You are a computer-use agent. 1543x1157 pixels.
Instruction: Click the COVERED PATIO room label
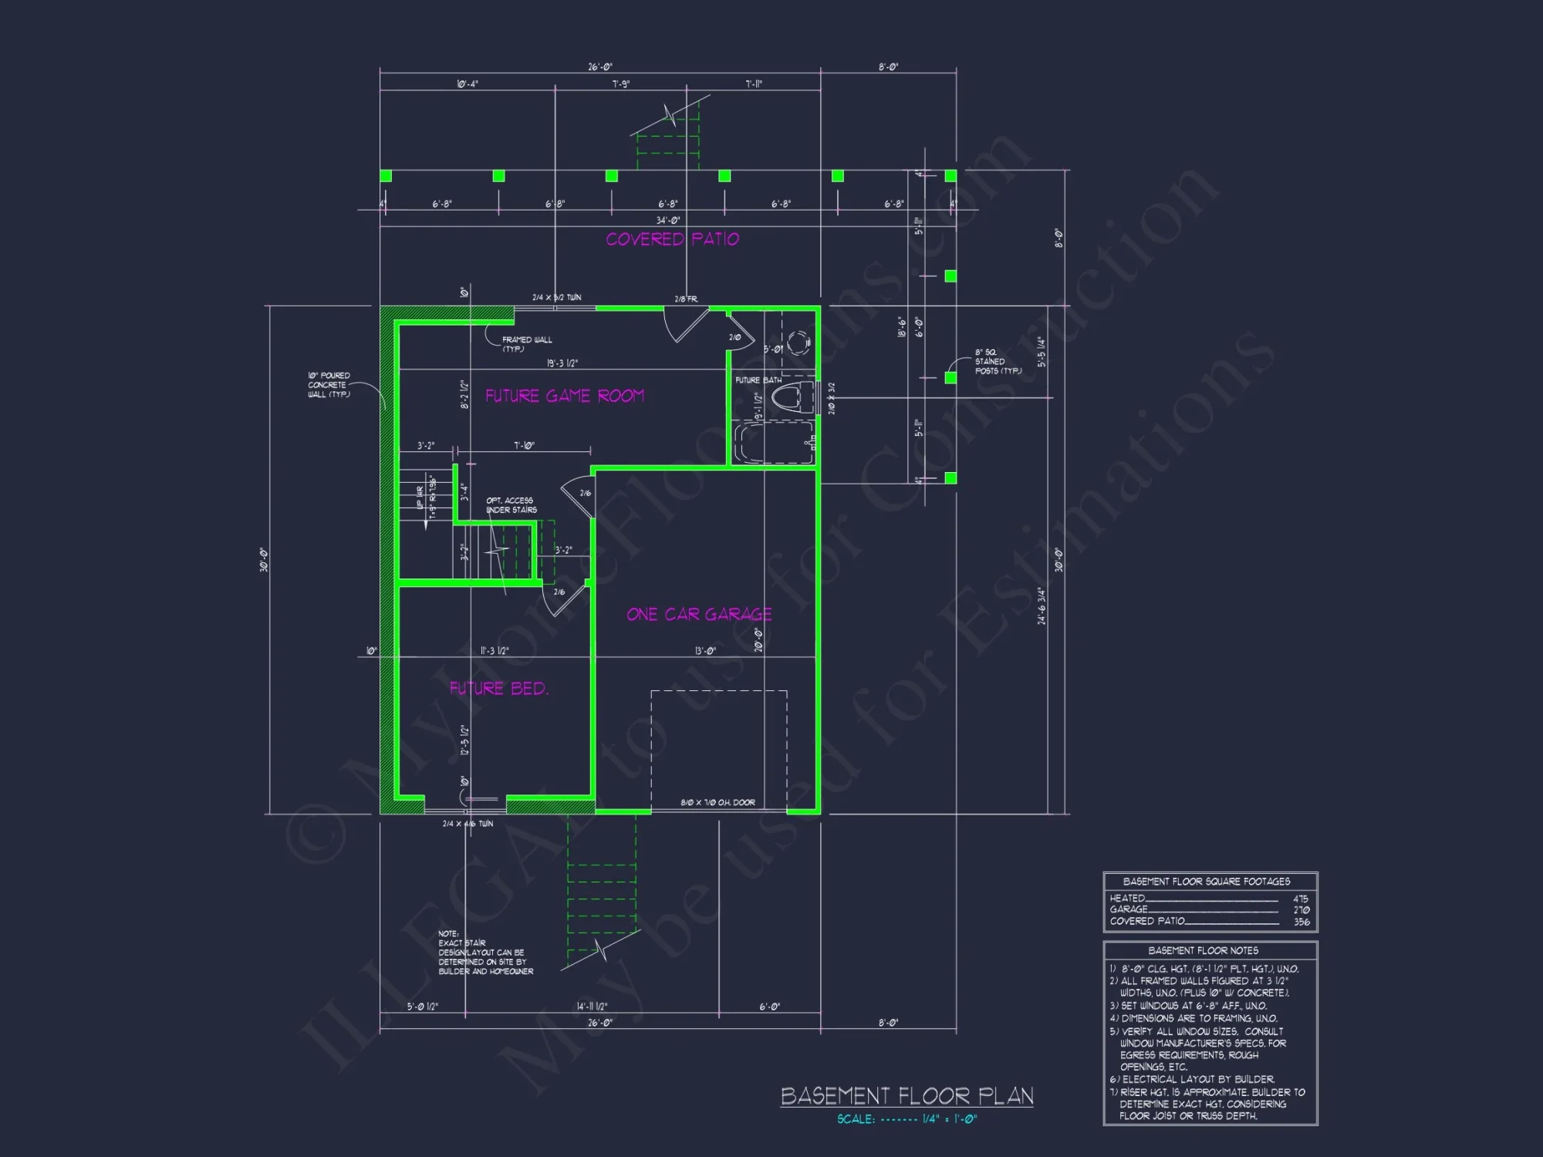pos(672,239)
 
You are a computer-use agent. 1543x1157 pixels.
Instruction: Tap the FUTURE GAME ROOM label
pos(564,396)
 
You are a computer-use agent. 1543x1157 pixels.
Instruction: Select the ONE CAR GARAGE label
pos(699,614)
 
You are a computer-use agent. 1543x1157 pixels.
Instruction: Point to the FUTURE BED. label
pos(499,688)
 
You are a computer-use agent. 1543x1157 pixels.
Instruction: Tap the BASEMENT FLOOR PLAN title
pos(907,1096)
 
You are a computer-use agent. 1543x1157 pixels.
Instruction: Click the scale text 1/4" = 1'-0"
pos(949,1119)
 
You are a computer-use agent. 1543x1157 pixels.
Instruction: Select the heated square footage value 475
pos(1301,899)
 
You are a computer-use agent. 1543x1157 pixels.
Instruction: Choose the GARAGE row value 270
pos(1301,910)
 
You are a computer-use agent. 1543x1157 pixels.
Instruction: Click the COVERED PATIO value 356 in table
pos(1301,922)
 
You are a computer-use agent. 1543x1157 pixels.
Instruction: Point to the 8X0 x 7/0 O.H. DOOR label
pos(717,803)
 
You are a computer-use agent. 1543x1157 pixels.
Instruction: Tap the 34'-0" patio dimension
pos(668,221)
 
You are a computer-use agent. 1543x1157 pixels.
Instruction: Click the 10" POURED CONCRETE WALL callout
pos(329,385)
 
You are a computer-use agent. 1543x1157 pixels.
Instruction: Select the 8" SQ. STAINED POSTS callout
pos(998,362)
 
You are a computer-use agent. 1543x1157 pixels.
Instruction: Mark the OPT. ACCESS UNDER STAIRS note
pos(511,505)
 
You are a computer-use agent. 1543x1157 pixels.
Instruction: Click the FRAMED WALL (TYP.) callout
pos(526,344)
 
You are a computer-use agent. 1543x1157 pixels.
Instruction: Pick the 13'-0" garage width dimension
pos(705,651)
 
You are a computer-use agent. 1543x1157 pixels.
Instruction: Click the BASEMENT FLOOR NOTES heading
pos(1203,951)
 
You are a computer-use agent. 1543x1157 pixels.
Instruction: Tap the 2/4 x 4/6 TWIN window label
pos(468,824)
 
